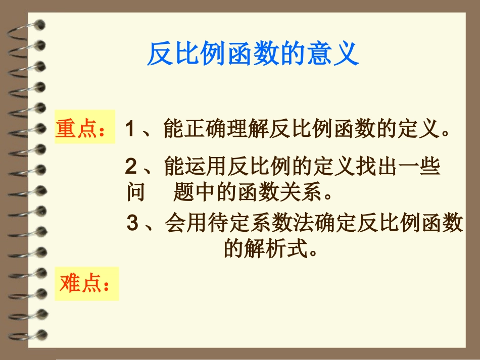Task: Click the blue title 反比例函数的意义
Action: coord(253,54)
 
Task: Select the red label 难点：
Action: coord(85,284)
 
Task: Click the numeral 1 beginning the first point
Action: coord(130,129)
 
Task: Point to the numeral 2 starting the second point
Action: coord(131,166)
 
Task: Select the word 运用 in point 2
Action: coord(196,166)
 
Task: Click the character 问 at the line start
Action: coord(135,192)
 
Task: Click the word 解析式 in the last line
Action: coord(266,249)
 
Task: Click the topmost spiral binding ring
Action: coord(30,25)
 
